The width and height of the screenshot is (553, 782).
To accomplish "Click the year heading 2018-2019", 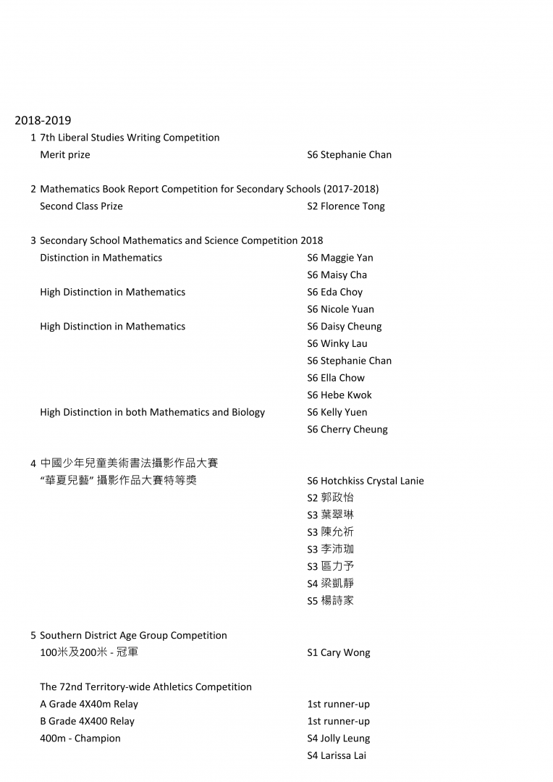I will tap(43, 120).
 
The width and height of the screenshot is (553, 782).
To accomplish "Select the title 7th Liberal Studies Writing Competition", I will tap(130, 138).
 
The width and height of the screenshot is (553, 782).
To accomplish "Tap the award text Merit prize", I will tap(65, 154).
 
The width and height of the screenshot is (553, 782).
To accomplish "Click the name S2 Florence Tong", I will tap(345, 206).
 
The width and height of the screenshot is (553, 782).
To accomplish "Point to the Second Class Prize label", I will tap(81, 206).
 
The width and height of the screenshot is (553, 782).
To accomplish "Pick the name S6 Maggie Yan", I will tap(339, 258).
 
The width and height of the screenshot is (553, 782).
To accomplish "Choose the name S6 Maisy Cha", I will tap(337, 275).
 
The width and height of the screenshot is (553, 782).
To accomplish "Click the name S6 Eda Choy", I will tap(334, 292).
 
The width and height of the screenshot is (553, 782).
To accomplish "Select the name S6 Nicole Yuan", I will tap(340, 309).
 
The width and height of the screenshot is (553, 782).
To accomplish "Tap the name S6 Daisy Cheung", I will tap(344, 327).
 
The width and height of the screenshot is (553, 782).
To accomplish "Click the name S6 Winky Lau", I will tap(337, 344).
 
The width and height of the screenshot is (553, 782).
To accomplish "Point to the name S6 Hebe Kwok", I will tap(339, 395).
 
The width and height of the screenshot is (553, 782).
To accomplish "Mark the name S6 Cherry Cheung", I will tap(347, 429).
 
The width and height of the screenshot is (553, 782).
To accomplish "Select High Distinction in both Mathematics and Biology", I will tap(152, 413).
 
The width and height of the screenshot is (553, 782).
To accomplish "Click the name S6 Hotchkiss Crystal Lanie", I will tap(365, 481).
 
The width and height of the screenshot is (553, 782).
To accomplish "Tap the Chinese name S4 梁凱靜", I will tap(330, 584).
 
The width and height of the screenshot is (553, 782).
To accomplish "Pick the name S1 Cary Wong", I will tap(338, 652).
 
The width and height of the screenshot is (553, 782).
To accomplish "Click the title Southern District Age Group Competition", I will tap(133, 636).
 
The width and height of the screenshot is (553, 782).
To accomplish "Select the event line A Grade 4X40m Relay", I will tap(89, 704).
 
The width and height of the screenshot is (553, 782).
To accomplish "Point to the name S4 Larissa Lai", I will tap(337, 756).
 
